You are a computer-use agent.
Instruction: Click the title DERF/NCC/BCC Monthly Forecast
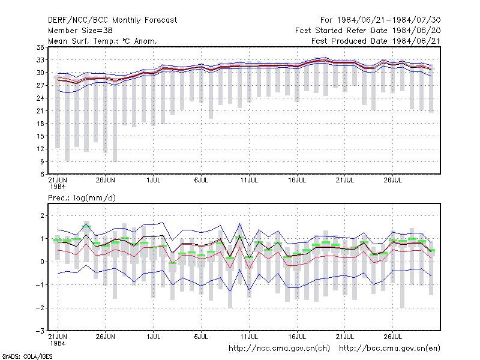112,20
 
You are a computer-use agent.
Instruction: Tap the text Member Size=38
80,31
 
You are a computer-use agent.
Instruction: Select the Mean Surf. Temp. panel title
102,41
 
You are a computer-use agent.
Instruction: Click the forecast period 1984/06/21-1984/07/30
380,20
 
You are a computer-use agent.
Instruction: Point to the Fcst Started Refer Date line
368,31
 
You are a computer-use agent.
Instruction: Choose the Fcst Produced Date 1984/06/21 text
376,41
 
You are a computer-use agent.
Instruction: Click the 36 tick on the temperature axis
40,47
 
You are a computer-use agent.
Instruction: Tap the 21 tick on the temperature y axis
40,111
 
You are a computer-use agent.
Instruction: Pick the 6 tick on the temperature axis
42,174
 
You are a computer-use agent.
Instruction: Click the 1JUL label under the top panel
154,181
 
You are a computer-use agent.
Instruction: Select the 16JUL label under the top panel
297,181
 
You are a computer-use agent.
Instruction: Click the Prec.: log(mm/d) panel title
82,198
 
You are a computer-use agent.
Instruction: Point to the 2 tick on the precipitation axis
42,215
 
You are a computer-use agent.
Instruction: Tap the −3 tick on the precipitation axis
40,331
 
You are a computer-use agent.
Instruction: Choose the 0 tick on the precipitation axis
42,262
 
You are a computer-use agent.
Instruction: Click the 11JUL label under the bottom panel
249,337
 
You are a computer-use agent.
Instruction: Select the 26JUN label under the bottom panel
106,337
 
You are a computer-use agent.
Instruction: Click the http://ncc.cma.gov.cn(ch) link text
279,349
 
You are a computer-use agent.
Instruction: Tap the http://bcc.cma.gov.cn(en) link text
389,349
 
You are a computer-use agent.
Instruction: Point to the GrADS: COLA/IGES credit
28,356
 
